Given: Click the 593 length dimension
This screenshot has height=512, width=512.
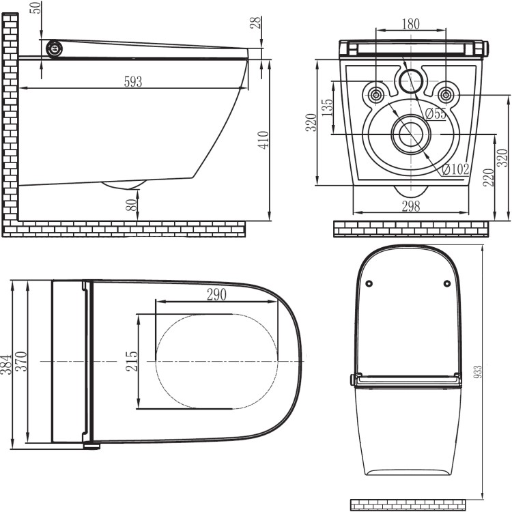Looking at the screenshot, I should pos(133,81).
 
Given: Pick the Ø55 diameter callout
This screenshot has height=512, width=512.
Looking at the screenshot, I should pos(435,113).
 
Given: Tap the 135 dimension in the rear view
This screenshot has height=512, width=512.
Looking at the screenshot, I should pos(327,109).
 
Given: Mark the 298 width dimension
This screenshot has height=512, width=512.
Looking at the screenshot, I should pos(410,206).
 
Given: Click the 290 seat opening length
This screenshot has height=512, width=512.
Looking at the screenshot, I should pos(216,294).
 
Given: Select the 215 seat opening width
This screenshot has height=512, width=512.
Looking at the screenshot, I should pos(132,360).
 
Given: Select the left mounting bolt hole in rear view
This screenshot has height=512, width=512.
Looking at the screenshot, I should pos(375,94).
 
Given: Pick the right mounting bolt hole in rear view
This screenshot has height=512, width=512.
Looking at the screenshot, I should pos(445,94).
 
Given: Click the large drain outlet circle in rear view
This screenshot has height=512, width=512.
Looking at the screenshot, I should pos(410,134).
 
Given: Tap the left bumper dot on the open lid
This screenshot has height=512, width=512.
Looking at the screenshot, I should pos(369,283).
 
